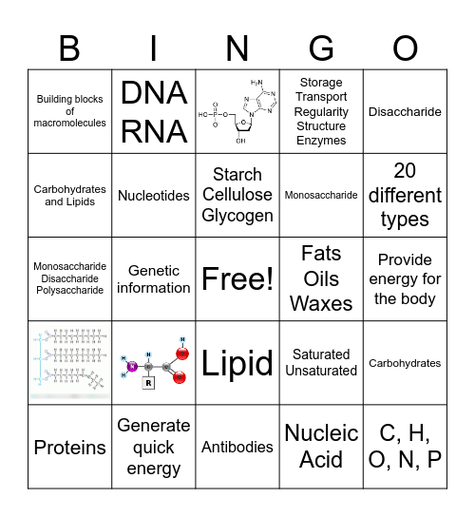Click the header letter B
coord(69,48)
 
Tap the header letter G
coord(321,48)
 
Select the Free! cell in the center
coord(237,278)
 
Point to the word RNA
coord(154,130)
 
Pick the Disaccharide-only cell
coord(405,111)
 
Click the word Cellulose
coord(237,195)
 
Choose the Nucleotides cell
coord(154,195)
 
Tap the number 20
coord(405,171)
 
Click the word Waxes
coord(321,303)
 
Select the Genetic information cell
coord(154,278)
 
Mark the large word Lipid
coord(237,362)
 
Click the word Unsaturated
coord(321,371)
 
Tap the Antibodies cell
coord(237,446)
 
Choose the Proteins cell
coord(70,447)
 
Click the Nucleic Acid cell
coord(321,446)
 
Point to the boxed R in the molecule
coord(147,384)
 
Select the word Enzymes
coord(321,141)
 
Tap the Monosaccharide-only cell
coord(321,195)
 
